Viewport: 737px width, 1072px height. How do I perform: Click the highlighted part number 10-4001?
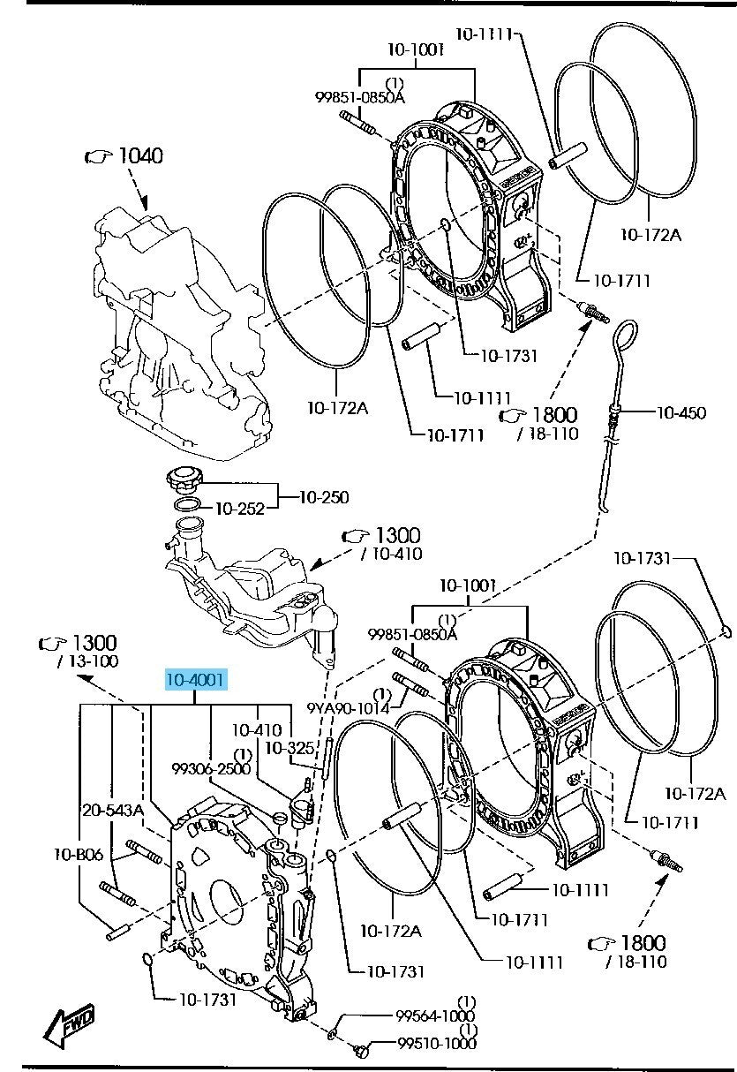(x=195, y=679)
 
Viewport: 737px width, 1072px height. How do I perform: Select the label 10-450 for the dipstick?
(x=681, y=412)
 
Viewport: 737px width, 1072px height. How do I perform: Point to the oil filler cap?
(x=184, y=481)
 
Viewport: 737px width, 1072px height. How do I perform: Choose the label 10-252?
(x=240, y=509)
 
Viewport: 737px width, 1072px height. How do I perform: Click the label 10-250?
(x=324, y=497)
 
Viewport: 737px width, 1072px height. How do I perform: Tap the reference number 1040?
(x=140, y=155)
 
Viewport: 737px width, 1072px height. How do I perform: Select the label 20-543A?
(x=113, y=811)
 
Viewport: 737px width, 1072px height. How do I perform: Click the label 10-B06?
(x=79, y=854)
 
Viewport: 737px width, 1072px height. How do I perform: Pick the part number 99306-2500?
(x=211, y=768)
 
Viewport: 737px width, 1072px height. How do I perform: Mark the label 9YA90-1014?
(x=348, y=708)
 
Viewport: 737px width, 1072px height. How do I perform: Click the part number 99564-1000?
(x=435, y=1015)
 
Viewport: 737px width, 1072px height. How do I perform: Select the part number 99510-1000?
(x=437, y=1043)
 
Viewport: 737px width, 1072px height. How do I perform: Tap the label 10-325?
(x=290, y=748)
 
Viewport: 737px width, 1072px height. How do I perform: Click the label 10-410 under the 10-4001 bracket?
(x=258, y=729)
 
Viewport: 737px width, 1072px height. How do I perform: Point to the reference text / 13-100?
(x=87, y=661)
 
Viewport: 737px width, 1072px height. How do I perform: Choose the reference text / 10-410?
(x=391, y=554)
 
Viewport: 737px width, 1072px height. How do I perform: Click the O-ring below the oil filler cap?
(x=187, y=504)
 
